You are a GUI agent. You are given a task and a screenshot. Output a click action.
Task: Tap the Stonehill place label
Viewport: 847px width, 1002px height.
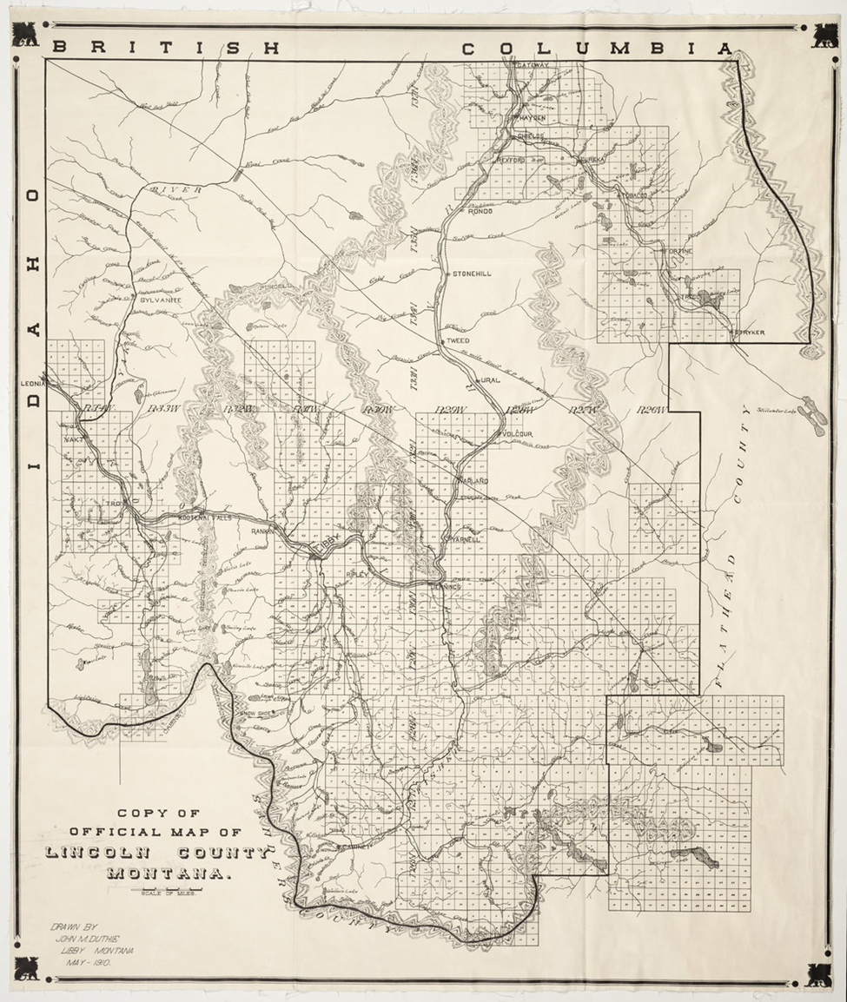pyautogui.click(x=472, y=274)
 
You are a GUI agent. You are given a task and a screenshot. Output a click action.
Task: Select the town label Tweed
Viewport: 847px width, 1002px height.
pyautogui.click(x=458, y=341)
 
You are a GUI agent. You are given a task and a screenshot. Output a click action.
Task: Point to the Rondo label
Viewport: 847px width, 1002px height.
pyautogui.click(x=480, y=211)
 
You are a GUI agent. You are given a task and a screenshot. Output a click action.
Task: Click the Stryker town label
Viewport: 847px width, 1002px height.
pyautogui.click(x=748, y=332)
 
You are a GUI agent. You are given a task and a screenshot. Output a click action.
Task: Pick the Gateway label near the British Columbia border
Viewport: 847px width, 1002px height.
pyautogui.click(x=532, y=66)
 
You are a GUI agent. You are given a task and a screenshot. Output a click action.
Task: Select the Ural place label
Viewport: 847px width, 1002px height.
pyautogui.click(x=491, y=380)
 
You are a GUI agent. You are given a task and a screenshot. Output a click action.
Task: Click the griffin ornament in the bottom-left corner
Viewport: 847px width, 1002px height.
pyautogui.click(x=25, y=967)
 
